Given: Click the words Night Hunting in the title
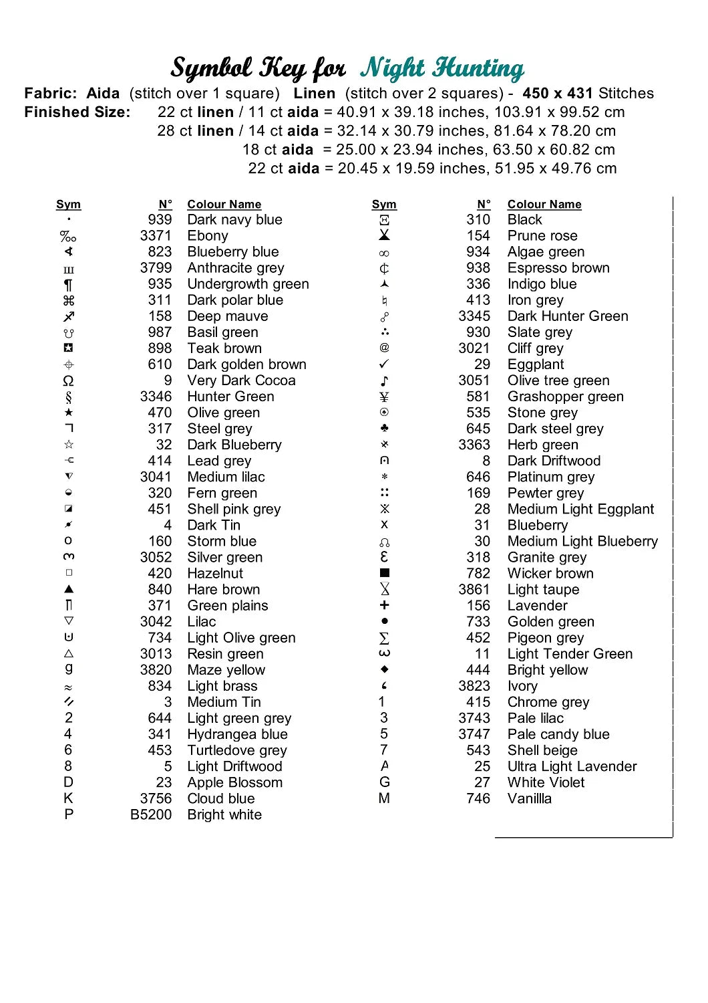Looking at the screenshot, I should point(442,68).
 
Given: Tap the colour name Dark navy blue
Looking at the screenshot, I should point(234,220).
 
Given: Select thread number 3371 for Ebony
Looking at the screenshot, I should point(156,236).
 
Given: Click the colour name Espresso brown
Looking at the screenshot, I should point(558,268).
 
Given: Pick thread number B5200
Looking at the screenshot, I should point(151,815).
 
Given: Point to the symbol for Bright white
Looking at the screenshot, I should point(69,814).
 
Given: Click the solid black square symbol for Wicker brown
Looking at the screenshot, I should point(384,573).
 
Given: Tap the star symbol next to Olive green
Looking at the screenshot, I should point(69,413).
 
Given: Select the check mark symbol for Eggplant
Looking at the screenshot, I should point(384,364).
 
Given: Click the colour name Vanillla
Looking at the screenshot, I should point(530,799).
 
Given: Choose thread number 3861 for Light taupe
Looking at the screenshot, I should point(474,590).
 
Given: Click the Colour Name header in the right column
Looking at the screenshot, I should point(544,205).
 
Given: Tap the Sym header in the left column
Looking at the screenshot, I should point(68,205).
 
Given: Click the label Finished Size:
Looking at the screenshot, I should point(77,112).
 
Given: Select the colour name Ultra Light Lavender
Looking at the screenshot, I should point(572,767).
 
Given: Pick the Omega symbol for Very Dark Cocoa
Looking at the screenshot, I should point(68,381).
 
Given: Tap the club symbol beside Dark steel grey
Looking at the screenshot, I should point(384,429).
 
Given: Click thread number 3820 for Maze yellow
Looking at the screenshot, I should point(156,670).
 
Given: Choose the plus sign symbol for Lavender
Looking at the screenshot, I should point(384,605).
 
